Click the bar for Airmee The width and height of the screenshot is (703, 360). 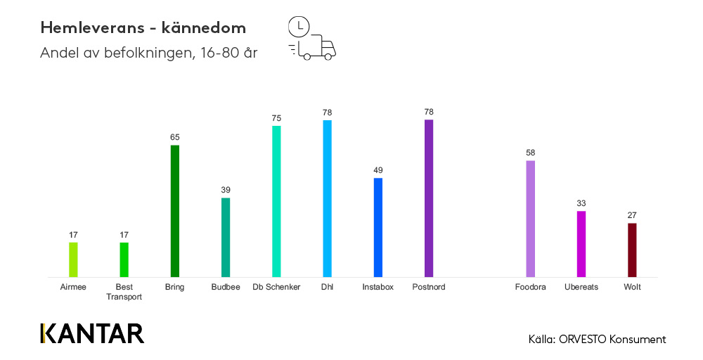73,259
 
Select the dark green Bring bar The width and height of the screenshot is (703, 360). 175,211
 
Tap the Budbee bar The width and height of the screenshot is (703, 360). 226,237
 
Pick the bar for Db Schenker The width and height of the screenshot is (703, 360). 276,201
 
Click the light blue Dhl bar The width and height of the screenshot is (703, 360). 327,198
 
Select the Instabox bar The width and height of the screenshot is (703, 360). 378,227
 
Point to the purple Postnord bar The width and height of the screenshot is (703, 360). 429,198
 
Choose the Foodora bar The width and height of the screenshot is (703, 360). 531,219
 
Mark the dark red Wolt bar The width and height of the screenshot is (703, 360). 632,250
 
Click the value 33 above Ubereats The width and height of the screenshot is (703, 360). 581,203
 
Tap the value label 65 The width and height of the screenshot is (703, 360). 175,138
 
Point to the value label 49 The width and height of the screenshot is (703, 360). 378,170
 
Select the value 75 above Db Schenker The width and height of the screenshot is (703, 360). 276,118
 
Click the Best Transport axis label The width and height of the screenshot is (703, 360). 124,292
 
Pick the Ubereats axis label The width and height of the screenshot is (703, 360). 581,287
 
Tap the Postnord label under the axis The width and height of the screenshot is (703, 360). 429,287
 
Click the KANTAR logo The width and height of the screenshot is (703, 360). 92,333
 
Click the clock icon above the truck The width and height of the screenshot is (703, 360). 299,26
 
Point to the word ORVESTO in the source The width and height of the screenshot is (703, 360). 583,340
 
